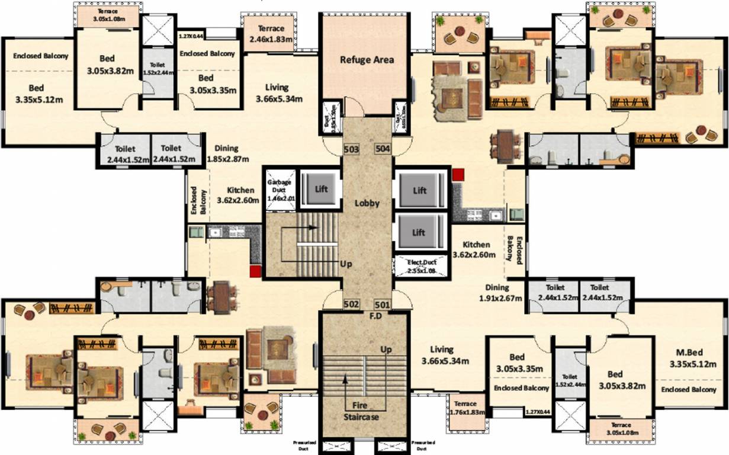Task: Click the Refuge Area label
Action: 367,59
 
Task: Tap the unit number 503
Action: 351,149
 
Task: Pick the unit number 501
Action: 382,304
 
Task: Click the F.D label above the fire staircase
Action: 375,316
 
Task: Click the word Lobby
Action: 367,203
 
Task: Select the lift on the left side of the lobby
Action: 320,190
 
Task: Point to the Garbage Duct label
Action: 281,189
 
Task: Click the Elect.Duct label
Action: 420,266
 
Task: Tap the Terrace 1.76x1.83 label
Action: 465,409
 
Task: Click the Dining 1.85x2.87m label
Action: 227,153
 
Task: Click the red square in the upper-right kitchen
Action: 458,174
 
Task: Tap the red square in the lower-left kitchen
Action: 255,271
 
